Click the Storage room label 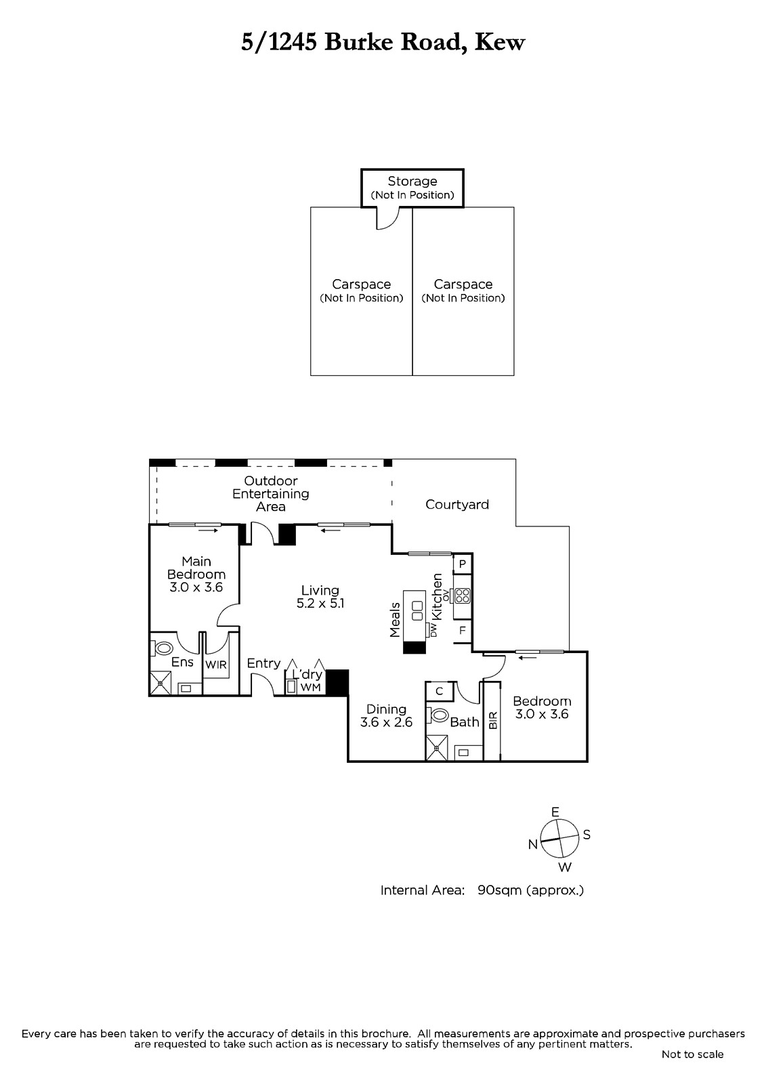(x=412, y=182)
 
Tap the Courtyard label (x=456, y=505)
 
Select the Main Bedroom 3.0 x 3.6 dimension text (x=196, y=587)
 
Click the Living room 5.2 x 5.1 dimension (x=320, y=604)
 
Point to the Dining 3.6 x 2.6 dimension (x=386, y=722)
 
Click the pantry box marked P (x=462, y=564)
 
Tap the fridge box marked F (x=462, y=631)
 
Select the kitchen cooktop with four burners (x=462, y=596)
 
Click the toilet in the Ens (x=163, y=648)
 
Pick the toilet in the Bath (x=438, y=715)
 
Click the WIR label (x=216, y=665)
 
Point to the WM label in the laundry (x=311, y=687)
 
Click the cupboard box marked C (x=440, y=691)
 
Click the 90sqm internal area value (x=495, y=890)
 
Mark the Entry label (x=263, y=663)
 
